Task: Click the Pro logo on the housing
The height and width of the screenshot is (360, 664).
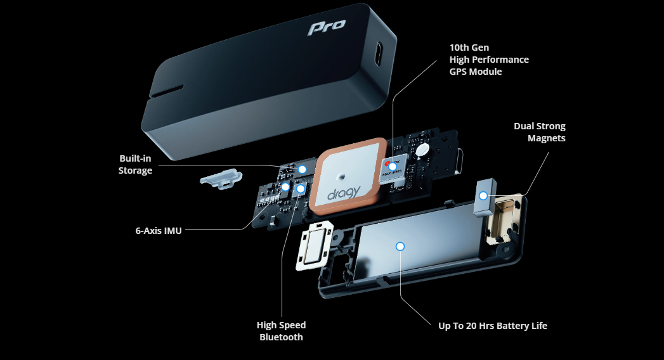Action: point(327,27)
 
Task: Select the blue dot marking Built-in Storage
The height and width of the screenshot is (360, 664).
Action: point(303,169)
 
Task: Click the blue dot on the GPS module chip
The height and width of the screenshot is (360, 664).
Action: point(393,166)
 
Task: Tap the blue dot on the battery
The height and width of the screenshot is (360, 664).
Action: point(400,246)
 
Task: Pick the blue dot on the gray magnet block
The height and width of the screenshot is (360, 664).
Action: point(483,195)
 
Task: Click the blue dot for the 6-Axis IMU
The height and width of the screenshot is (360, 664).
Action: point(286,187)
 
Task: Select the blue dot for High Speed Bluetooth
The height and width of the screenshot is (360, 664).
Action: point(301,188)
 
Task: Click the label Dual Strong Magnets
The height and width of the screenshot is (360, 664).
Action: point(539,132)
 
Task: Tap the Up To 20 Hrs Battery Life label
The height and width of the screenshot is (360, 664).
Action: point(493,326)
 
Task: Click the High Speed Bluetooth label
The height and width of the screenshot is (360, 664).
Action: point(281,331)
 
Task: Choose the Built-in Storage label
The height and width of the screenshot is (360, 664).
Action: point(135,164)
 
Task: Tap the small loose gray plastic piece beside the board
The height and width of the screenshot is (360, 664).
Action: point(219,177)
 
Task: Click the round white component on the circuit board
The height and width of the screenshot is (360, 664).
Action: point(421,150)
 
